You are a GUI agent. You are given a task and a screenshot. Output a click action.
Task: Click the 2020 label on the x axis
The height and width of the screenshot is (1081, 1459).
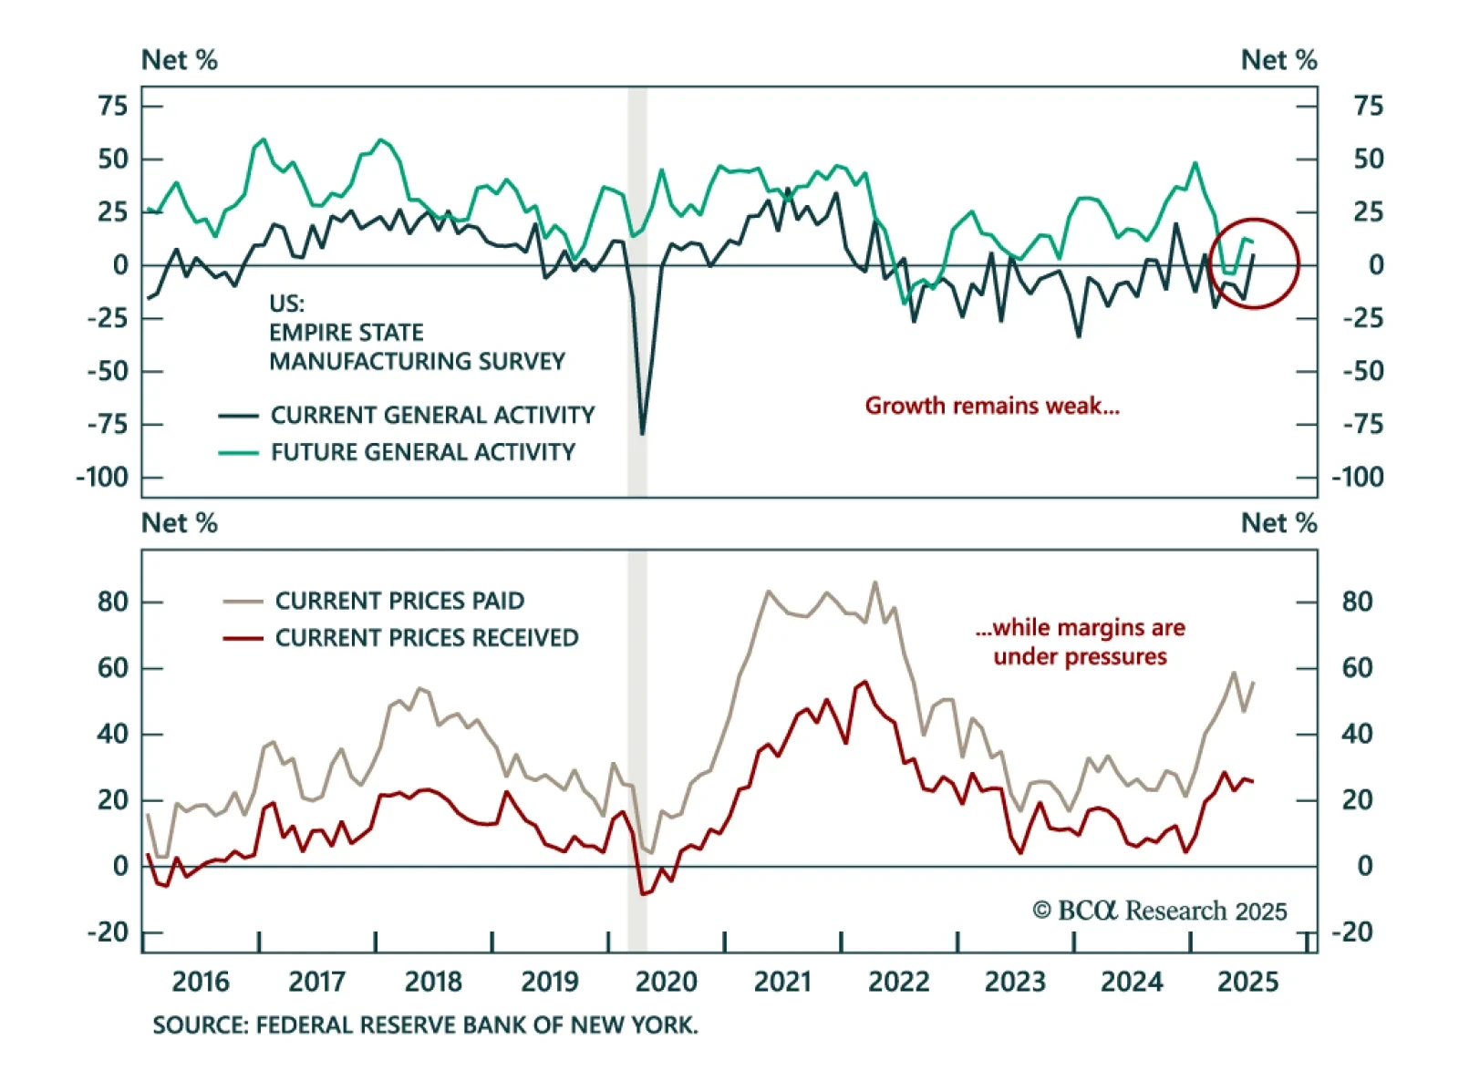click(x=666, y=982)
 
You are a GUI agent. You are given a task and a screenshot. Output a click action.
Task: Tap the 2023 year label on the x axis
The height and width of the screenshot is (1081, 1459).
click(x=1014, y=982)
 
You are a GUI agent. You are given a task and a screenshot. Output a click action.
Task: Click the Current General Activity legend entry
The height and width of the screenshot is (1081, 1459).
click(x=431, y=416)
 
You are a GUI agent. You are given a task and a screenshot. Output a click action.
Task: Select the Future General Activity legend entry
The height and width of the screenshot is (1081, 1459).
click(x=422, y=452)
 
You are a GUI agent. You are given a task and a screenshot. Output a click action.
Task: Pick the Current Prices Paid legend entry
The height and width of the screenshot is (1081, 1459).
click(x=398, y=601)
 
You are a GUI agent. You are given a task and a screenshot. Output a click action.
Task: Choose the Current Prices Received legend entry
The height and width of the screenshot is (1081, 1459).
click(x=426, y=638)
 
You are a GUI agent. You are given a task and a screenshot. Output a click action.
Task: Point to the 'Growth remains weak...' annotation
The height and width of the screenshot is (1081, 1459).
click(x=992, y=406)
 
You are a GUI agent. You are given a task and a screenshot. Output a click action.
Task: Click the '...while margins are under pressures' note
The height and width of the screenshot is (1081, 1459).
click(x=1080, y=642)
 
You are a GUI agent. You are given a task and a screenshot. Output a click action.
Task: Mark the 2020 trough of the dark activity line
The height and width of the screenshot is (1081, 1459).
click(x=642, y=434)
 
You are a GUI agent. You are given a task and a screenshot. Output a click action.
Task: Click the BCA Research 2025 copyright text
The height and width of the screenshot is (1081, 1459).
click(x=1159, y=911)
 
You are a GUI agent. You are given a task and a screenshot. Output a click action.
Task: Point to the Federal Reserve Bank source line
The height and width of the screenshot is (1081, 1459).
click(x=425, y=1025)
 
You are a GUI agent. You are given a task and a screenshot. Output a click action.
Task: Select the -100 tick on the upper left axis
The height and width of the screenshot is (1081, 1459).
click(x=102, y=478)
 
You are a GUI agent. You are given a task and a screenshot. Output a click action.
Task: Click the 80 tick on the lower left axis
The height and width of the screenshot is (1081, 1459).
click(x=113, y=602)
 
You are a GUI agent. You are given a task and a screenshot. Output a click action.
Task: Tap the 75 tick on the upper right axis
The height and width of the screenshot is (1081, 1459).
click(x=1368, y=106)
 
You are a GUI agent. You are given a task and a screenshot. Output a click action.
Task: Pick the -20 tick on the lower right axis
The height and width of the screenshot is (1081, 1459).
click(x=1357, y=932)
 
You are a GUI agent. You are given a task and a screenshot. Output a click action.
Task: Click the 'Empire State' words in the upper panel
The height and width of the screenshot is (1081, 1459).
click(x=346, y=333)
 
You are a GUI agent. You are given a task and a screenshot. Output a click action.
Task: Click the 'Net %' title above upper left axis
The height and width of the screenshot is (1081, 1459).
click(x=180, y=60)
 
